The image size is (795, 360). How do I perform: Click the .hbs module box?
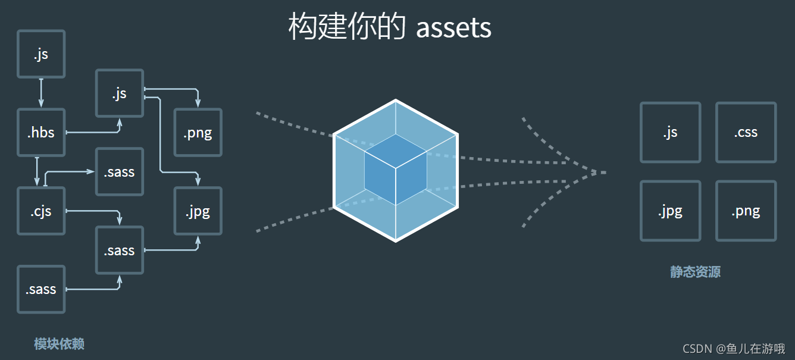[x=41, y=133]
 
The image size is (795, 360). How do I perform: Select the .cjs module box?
[x=41, y=211]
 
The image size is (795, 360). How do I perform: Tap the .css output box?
[x=746, y=132]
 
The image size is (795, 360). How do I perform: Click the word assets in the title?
[x=453, y=27]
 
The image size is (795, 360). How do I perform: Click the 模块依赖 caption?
[x=59, y=344]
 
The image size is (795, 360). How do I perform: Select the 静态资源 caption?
[x=695, y=273]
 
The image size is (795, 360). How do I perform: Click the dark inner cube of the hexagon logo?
[x=396, y=170]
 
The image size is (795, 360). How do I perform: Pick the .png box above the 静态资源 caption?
[x=746, y=211]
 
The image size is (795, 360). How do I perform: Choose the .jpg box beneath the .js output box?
[x=670, y=211]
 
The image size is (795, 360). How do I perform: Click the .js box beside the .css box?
[x=670, y=132]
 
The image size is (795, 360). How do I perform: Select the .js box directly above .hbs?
[x=41, y=54]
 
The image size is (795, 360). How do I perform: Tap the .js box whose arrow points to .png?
[x=120, y=93]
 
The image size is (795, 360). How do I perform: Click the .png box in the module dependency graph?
[x=198, y=133]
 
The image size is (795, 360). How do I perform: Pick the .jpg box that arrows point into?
[x=198, y=211]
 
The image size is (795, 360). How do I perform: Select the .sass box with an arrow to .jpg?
[x=120, y=250]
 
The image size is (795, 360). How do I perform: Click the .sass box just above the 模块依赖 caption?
[x=41, y=290]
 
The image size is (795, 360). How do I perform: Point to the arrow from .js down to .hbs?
[x=41, y=92]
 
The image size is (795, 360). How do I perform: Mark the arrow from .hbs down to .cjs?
[x=37, y=171]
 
